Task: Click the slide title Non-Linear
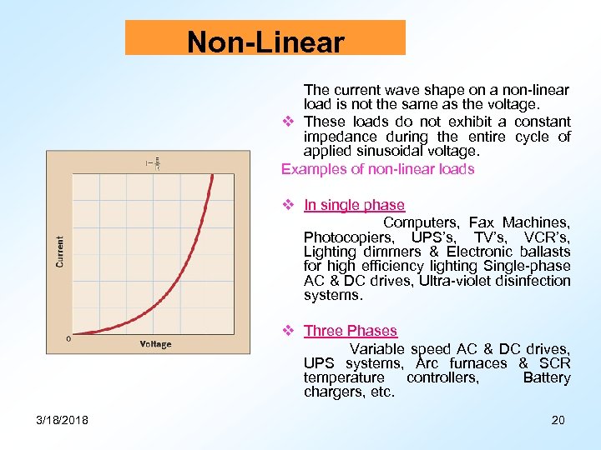pos(265,42)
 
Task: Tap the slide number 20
pos(558,419)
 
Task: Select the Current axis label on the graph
pos(60,251)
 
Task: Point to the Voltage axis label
pos(155,344)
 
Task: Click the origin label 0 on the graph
pos(68,338)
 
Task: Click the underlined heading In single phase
pos(354,205)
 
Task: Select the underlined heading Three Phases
pos(351,331)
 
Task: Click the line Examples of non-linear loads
pos(377,169)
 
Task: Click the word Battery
pos(546,377)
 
